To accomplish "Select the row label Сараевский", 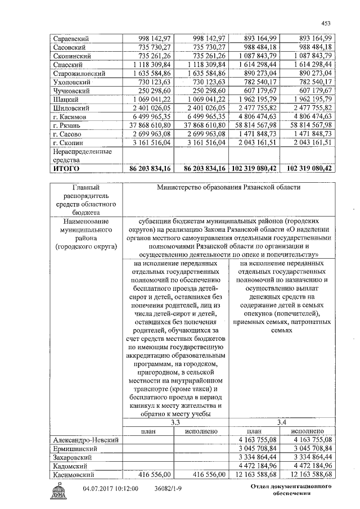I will pos(70,38).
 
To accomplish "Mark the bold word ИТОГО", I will pos(66,168).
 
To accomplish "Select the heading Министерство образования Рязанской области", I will pos(228,187).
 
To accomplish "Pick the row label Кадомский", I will pos(72,466).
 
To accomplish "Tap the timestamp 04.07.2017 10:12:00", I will pos(110,489).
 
